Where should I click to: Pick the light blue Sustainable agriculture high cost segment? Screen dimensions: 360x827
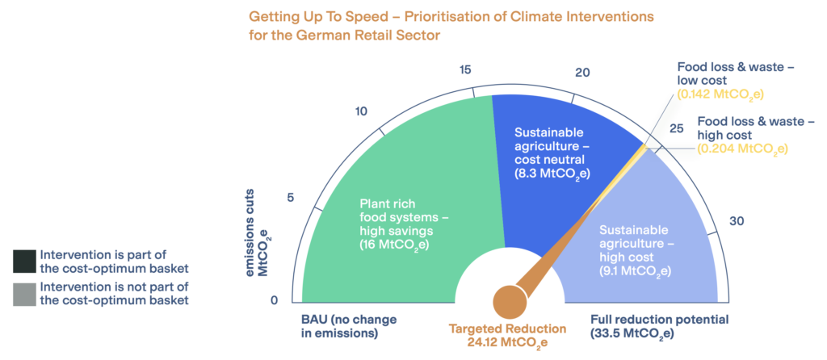pyautogui.click(x=646, y=242)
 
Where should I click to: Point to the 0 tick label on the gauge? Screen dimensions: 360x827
pyautogui.click(x=274, y=301)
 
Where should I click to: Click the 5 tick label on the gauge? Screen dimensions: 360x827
pyautogui.click(x=291, y=199)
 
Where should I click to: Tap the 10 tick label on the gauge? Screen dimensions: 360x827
pyautogui.click(x=363, y=111)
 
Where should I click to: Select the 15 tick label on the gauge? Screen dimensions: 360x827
pyautogui.click(x=465, y=70)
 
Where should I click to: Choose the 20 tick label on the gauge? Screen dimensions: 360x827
pyautogui.click(x=582, y=73)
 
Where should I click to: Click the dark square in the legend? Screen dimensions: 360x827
pyautogui.click(x=23, y=261)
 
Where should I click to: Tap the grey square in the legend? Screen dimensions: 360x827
pyautogui.click(x=23, y=294)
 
